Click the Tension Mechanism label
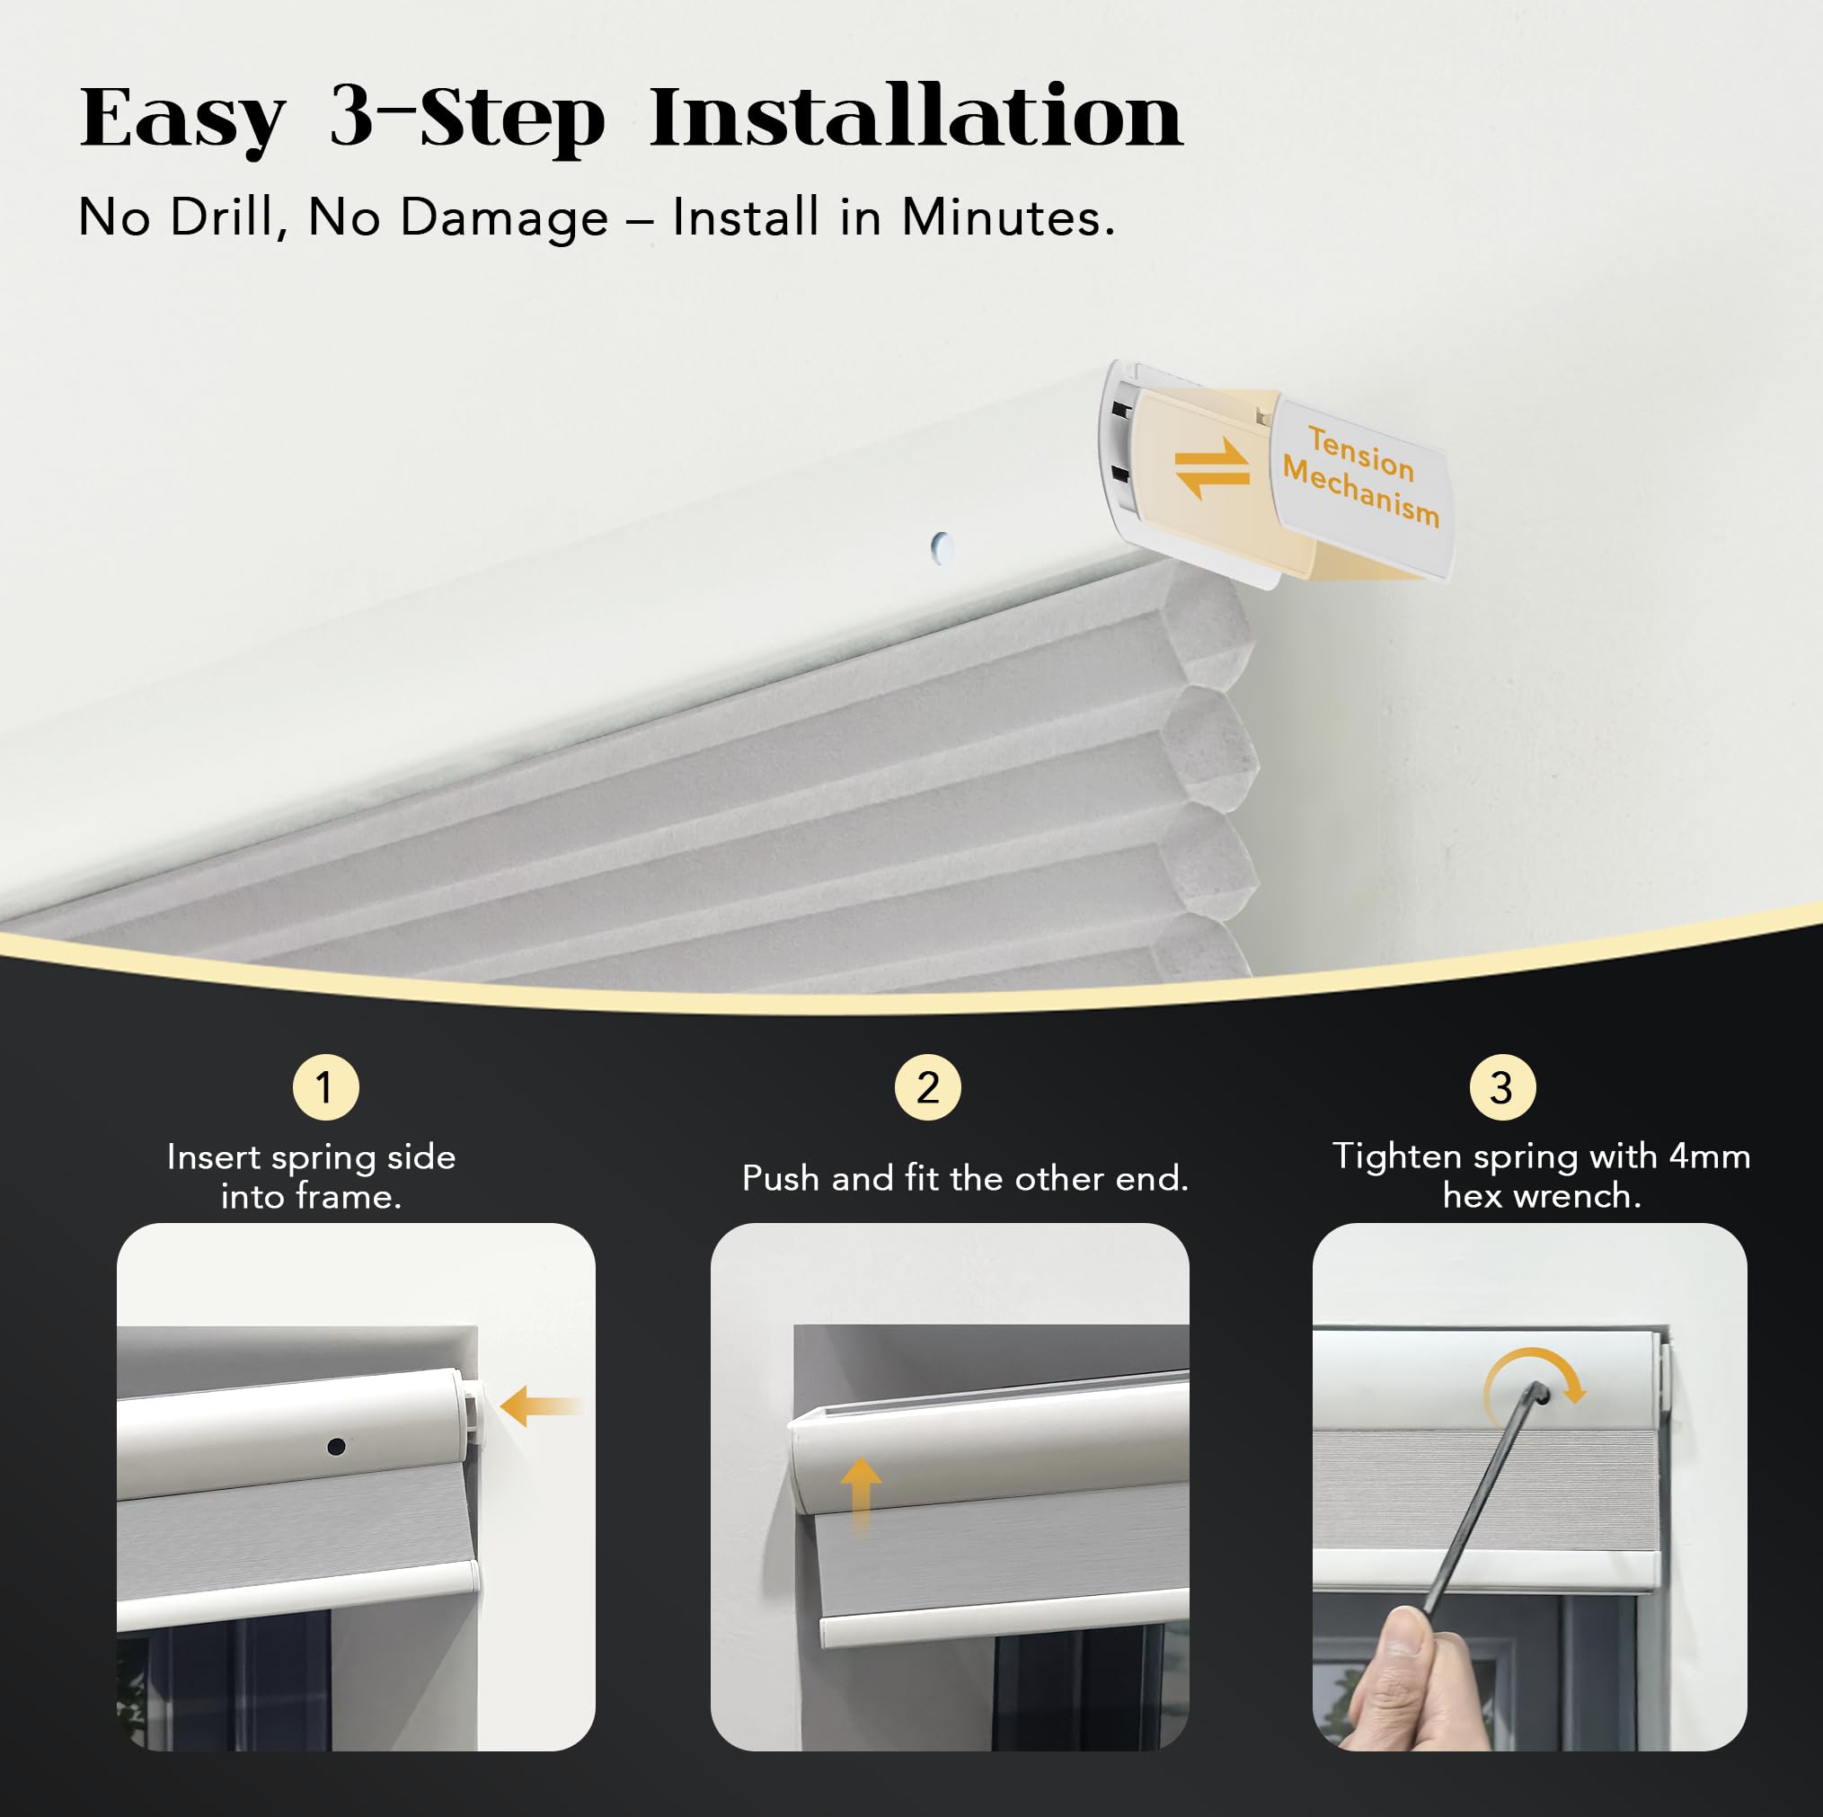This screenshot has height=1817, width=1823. tap(1361, 475)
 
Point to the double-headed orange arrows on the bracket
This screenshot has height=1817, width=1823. tap(1211, 467)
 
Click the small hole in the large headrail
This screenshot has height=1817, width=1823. tap(941, 546)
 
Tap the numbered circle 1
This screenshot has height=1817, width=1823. tap(325, 1087)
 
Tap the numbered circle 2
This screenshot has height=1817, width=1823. tap(927, 1087)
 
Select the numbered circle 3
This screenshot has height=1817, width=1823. tap(1502, 1087)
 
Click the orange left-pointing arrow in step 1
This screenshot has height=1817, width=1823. tap(540, 1406)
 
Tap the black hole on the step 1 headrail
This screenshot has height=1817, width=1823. tap(336, 1446)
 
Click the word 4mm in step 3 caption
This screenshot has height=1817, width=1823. tap(1709, 1157)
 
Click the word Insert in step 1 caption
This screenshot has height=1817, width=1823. tap(213, 1157)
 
